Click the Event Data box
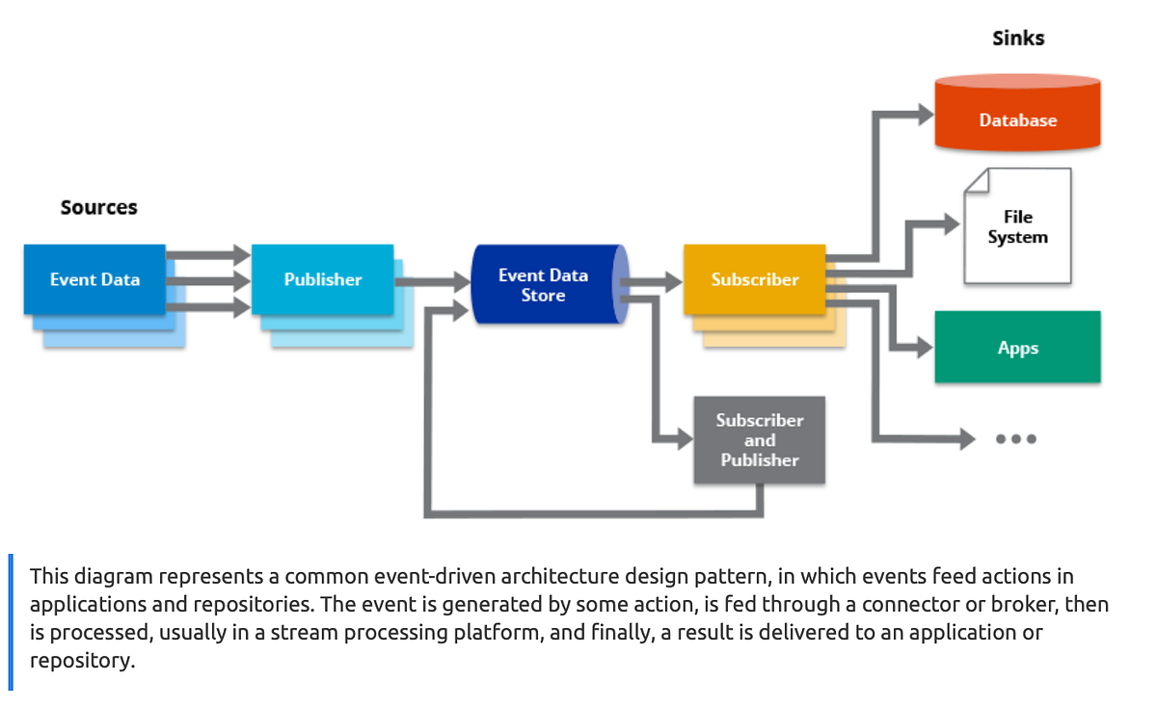(x=94, y=279)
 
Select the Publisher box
(x=322, y=279)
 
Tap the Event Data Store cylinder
(x=544, y=285)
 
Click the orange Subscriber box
(x=754, y=279)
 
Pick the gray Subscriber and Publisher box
(x=759, y=440)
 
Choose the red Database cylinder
(x=1017, y=116)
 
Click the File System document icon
(x=1017, y=227)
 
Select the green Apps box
(x=1017, y=348)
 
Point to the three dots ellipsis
(x=1016, y=439)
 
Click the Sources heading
(x=98, y=207)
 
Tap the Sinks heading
(x=1018, y=39)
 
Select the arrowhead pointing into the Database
(x=923, y=114)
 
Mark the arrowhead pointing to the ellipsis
(x=963, y=439)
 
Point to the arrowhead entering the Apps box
(x=923, y=348)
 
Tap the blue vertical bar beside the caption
(x=11, y=621)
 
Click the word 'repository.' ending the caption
(x=82, y=661)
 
